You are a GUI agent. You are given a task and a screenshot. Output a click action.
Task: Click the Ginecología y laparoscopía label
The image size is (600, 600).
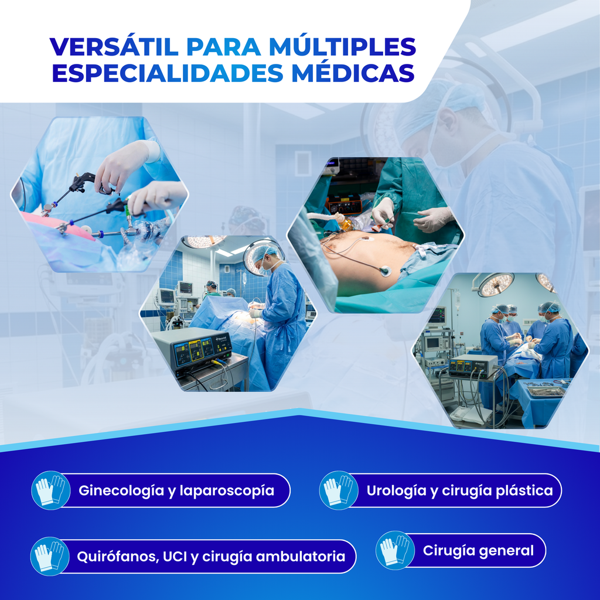pyautogui.click(x=176, y=490)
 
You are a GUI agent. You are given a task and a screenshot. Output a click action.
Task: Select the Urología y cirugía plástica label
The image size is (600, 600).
pyautogui.click(x=459, y=490)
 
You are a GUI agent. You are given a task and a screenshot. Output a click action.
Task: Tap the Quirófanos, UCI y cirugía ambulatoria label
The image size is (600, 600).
pyautogui.click(x=211, y=556)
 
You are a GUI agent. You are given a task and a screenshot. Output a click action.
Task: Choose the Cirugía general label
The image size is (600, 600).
pyautogui.click(x=478, y=551)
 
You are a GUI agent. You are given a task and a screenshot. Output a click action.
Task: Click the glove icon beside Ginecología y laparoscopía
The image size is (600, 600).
pyautogui.click(x=50, y=490)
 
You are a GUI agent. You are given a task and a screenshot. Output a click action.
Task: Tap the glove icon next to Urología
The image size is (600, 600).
pyautogui.click(x=339, y=490)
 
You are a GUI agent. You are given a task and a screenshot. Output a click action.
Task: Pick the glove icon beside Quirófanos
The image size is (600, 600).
pyautogui.click(x=50, y=556)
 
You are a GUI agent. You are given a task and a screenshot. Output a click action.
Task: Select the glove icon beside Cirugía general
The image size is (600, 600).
pyautogui.click(x=395, y=550)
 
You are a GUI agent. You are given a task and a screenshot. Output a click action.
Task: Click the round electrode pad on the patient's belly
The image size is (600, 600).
pyautogui.click(x=385, y=271)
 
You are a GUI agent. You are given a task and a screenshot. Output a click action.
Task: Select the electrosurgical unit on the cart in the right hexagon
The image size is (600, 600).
pyautogui.click(x=473, y=366)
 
